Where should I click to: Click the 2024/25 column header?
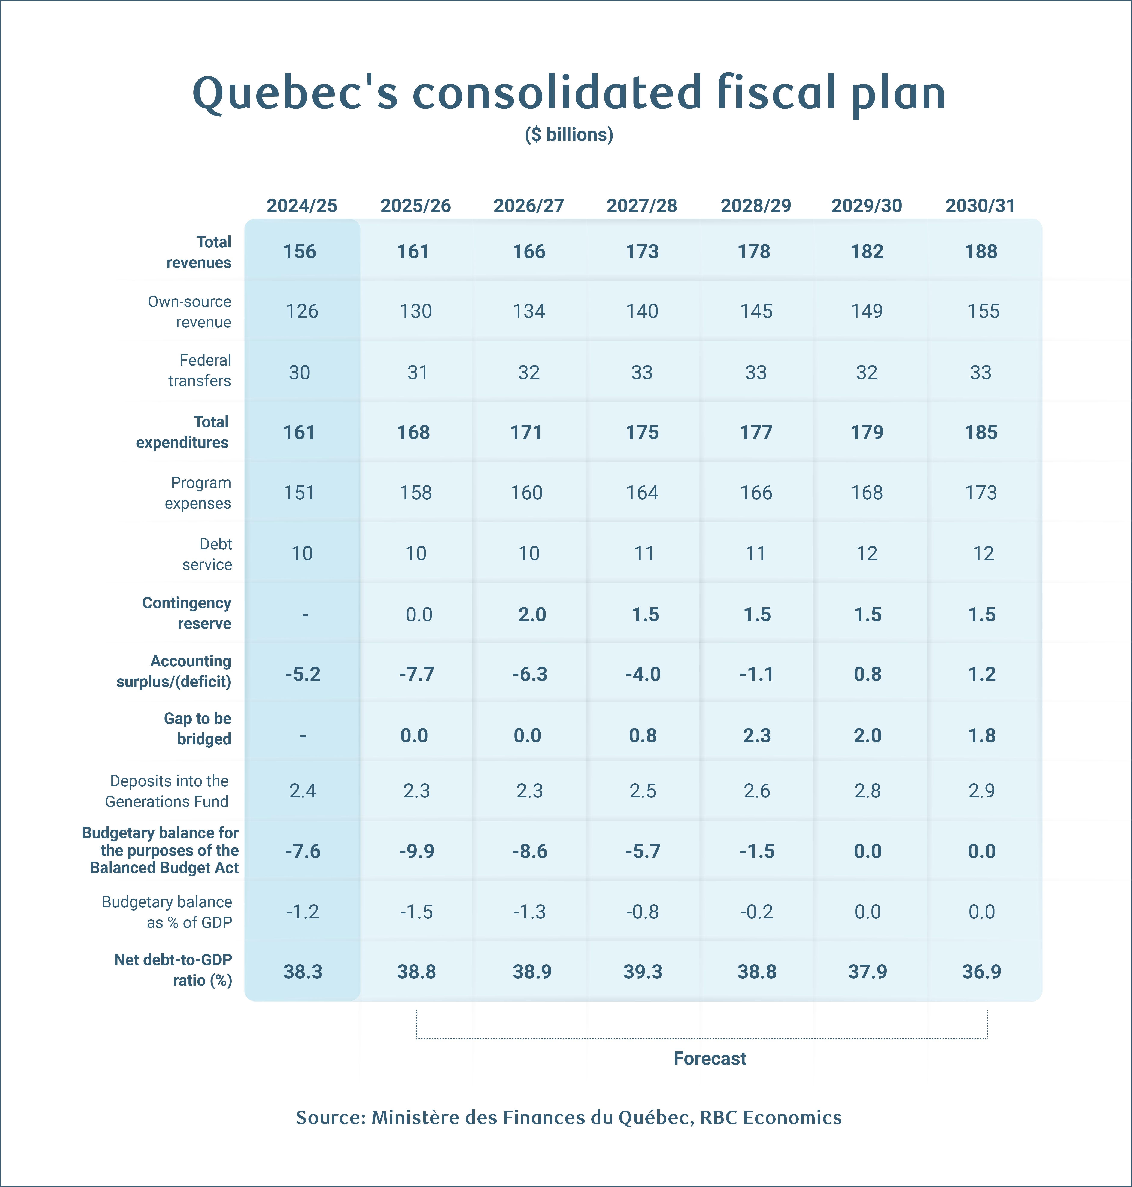pyautogui.click(x=302, y=206)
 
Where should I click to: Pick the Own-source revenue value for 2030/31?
pyautogui.click(x=983, y=311)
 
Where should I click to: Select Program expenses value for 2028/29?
pyautogui.click(x=756, y=493)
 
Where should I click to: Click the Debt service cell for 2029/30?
pyautogui.click(x=867, y=553)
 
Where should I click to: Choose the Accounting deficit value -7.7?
pyautogui.click(x=416, y=674)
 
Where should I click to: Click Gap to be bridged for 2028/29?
pyautogui.click(x=757, y=736)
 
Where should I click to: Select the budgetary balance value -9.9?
pyautogui.click(x=416, y=851)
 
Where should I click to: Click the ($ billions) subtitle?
pyautogui.click(x=568, y=134)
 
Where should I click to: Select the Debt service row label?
pyautogui.click(x=207, y=554)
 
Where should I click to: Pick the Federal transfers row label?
pyautogui.click(x=200, y=370)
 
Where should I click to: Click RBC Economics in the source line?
pyautogui.click(x=771, y=1118)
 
